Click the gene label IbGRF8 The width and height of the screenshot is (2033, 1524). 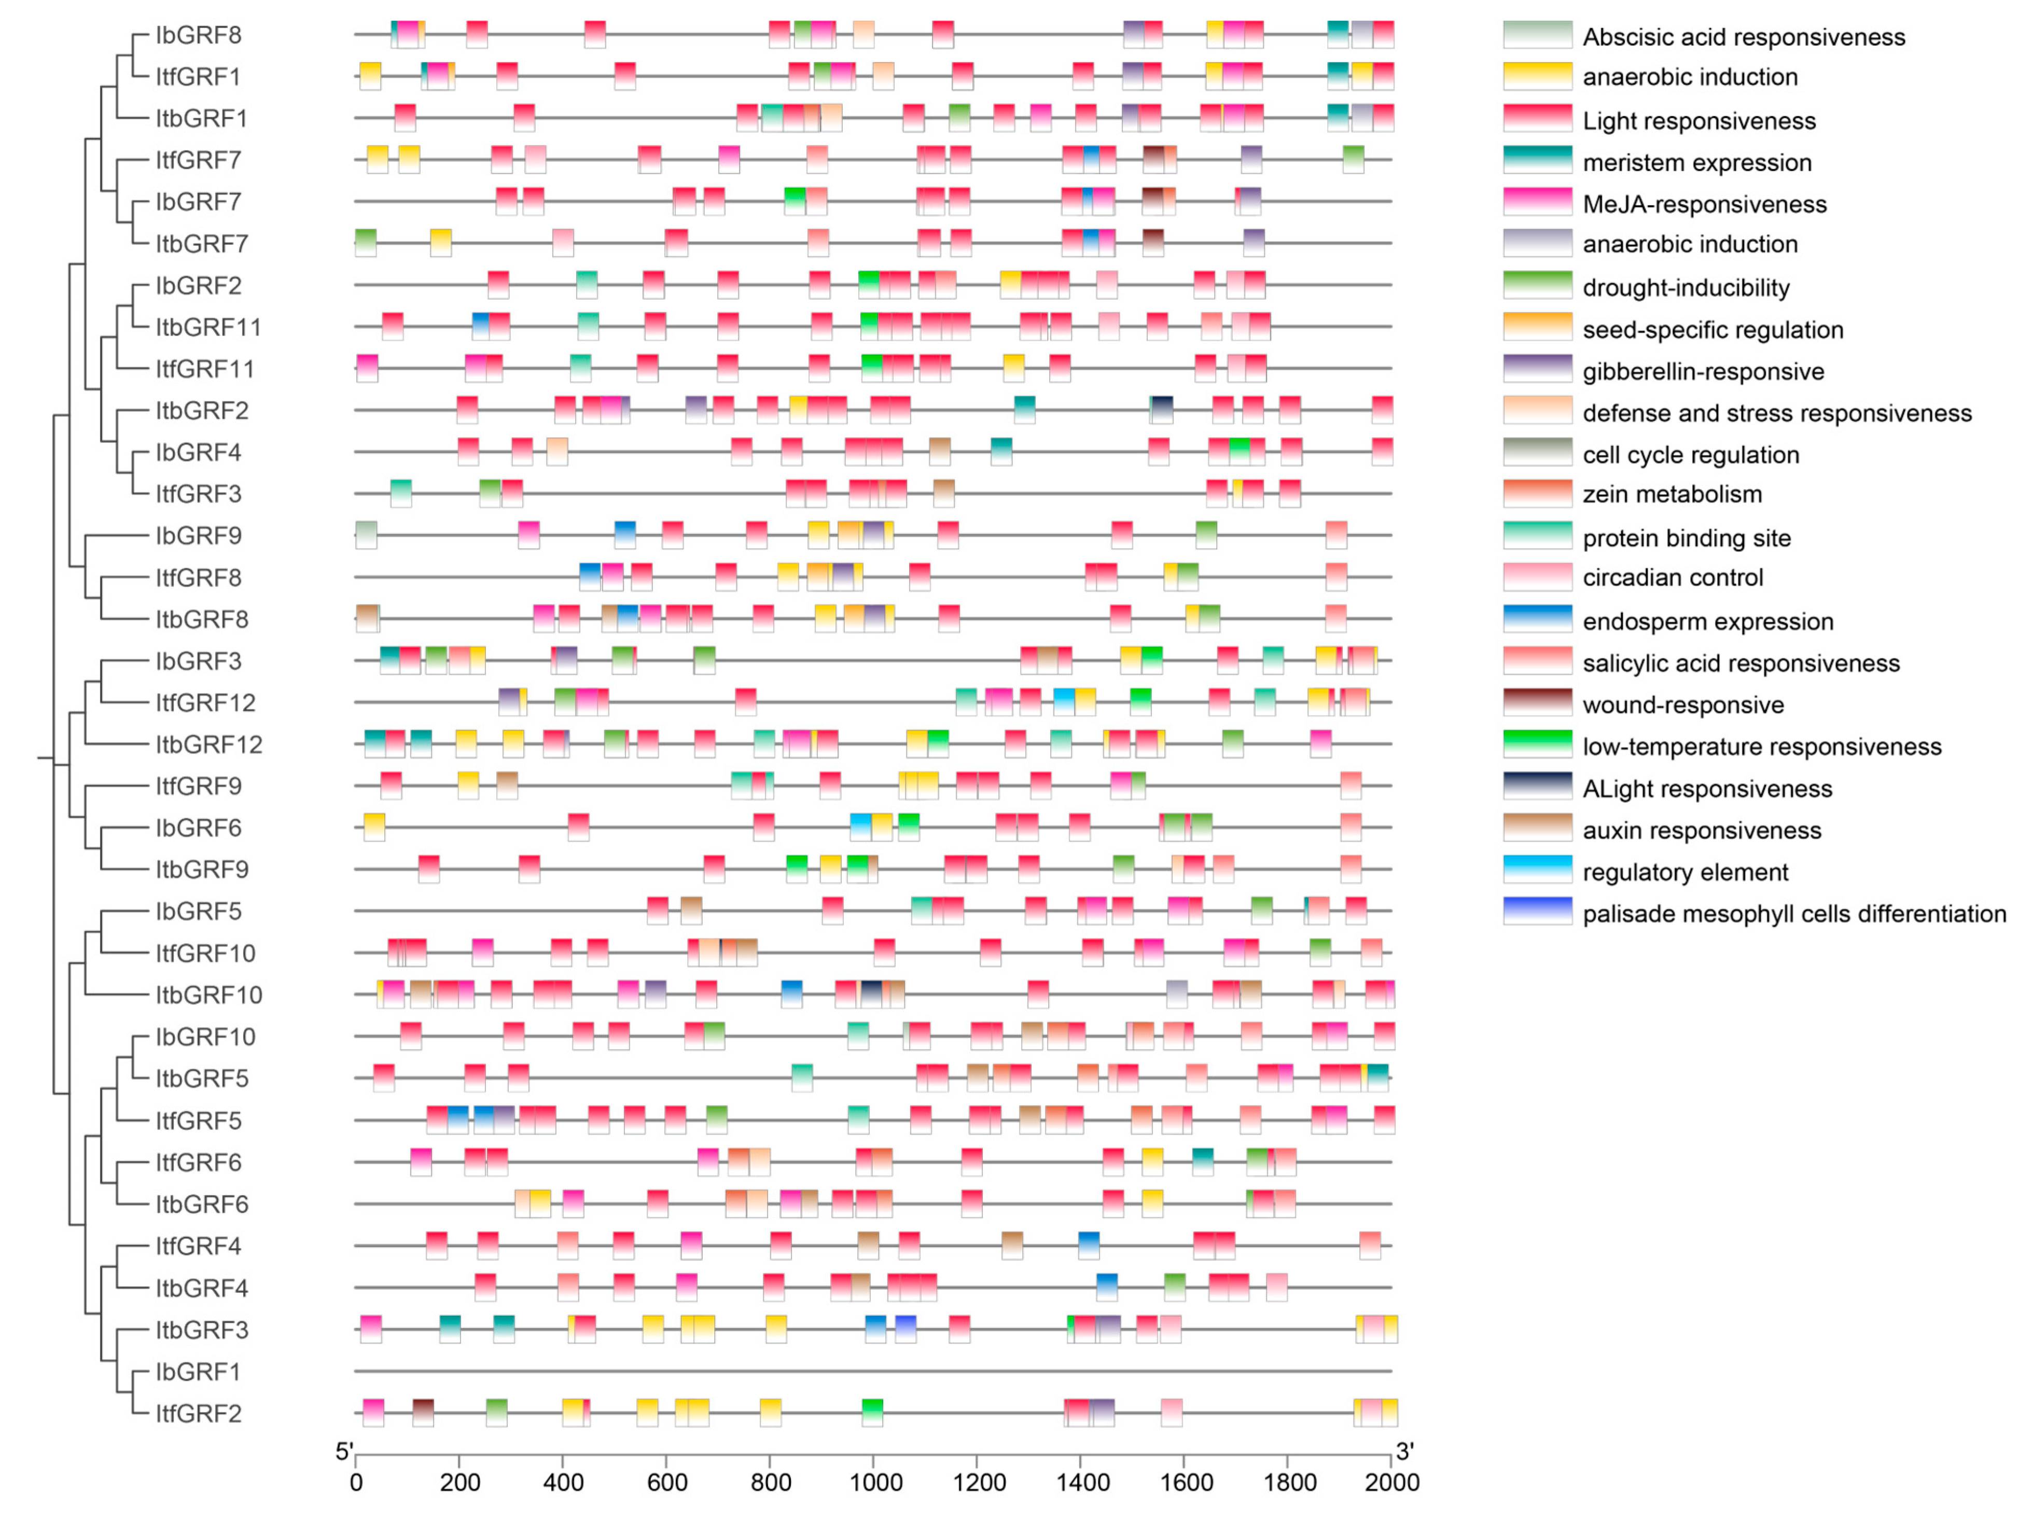(x=199, y=35)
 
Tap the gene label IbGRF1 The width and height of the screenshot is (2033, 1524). (x=199, y=1372)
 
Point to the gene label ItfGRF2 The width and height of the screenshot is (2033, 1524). (x=199, y=1413)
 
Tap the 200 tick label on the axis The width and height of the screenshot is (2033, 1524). (x=459, y=1481)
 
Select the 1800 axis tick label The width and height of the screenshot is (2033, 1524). (x=1289, y=1481)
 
